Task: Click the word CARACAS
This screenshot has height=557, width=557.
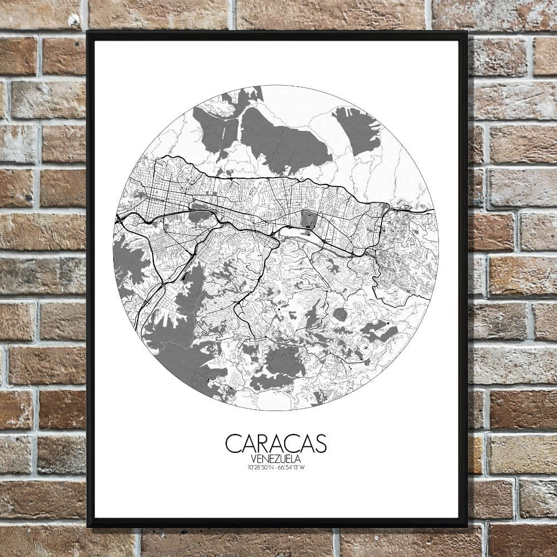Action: pyautogui.click(x=276, y=444)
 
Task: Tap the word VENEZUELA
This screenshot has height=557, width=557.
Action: pyautogui.click(x=276, y=458)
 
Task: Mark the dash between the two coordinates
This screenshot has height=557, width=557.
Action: pyautogui.click(x=277, y=467)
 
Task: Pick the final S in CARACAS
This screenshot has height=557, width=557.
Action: pyautogui.click(x=320, y=444)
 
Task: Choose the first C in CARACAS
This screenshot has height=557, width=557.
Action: pyautogui.click(x=233, y=444)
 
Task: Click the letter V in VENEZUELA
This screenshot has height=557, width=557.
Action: pyautogui.click(x=254, y=458)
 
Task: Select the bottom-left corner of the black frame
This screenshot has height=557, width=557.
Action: pyautogui.click(x=89, y=525)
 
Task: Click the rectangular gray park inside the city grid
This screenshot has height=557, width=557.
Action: pyautogui.click(x=307, y=219)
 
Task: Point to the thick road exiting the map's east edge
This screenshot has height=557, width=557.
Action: pyautogui.click(x=426, y=211)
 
